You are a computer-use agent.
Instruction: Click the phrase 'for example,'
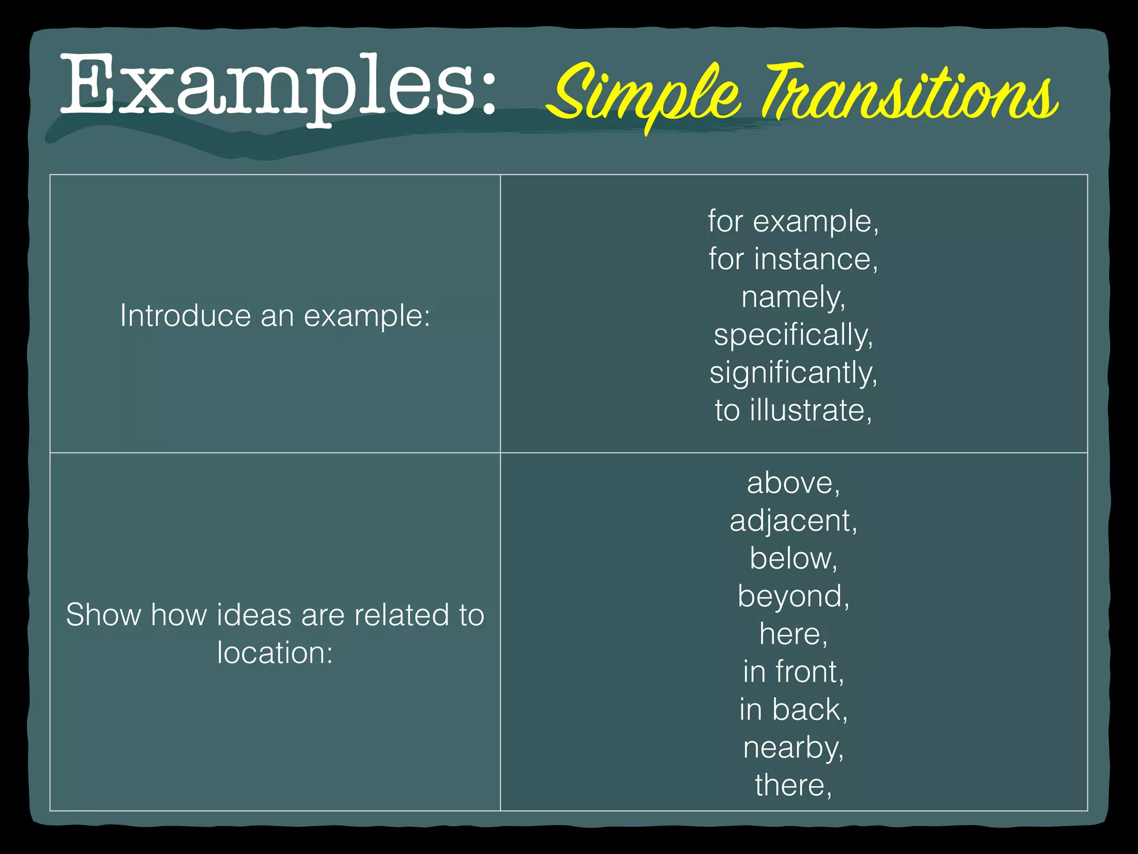click(793, 222)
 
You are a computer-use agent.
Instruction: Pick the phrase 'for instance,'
click(793, 260)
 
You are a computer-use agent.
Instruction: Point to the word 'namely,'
click(793, 297)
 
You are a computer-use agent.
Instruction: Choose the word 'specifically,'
click(793, 335)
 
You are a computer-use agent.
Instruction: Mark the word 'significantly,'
click(793, 373)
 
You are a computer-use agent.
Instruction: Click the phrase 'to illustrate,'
click(793, 411)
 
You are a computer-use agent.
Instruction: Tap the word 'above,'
click(793, 483)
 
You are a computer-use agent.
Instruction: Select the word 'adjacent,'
click(793, 521)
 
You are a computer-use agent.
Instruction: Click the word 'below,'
click(793, 559)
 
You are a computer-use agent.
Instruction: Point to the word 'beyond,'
click(793, 597)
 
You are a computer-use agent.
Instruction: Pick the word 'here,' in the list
click(793, 634)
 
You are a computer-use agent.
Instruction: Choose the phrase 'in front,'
click(793, 672)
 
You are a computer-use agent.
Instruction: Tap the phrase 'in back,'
click(793, 710)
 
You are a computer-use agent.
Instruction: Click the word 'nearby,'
click(793, 748)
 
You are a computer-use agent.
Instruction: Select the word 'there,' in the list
click(793, 786)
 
